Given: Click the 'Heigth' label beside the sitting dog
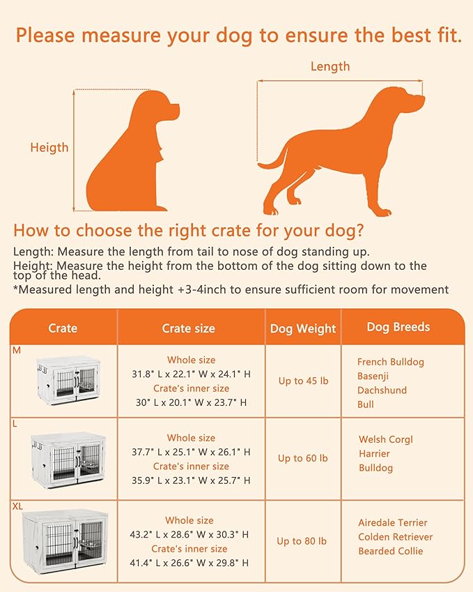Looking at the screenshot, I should (49, 147).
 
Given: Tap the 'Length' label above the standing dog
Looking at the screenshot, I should (329, 67).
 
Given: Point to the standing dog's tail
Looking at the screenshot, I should (273, 162).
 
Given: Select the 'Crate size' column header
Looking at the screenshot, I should (188, 328).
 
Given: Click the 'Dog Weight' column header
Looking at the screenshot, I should (302, 328).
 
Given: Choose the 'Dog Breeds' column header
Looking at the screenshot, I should (398, 327).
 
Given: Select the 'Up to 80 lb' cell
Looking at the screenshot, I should (301, 541).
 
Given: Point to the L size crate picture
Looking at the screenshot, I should (67, 458).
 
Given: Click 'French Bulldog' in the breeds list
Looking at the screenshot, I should (390, 362).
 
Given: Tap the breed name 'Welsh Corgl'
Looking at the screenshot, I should (385, 439).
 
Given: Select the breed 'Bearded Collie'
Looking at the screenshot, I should (390, 551).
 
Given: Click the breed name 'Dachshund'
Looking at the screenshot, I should (382, 390).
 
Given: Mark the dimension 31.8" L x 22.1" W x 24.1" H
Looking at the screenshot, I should (191, 374).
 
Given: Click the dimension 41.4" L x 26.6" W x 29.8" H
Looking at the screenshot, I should (191, 563).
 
